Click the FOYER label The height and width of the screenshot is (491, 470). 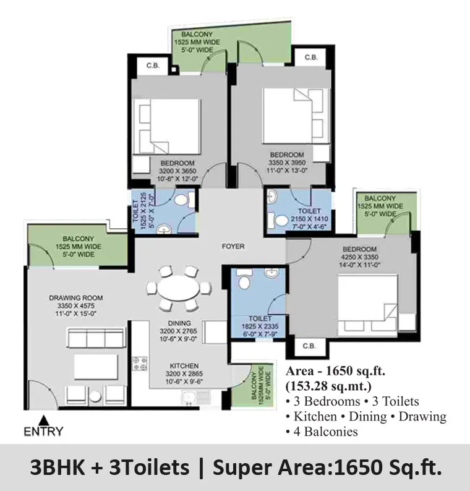(x=233, y=247)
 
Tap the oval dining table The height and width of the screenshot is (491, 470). (x=178, y=288)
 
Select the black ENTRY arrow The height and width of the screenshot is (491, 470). (x=44, y=420)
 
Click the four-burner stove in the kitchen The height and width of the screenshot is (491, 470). (x=140, y=363)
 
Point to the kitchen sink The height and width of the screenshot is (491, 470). (x=195, y=397)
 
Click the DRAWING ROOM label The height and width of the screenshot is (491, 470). (x=76, y=298)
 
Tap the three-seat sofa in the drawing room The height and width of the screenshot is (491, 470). (x=96, y=338)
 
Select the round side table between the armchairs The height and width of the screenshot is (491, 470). (x=95, y=396)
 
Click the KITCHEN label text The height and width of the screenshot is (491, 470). (x=184, y=365)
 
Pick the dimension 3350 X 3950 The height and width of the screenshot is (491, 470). (x=287, y=163)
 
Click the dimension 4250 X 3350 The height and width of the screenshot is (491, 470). (x=359, y=257)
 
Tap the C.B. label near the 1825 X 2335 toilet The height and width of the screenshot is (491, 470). (x=309, y=346)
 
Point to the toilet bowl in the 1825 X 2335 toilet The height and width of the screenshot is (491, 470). (x=244, y=280)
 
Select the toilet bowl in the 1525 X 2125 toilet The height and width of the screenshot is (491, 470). (x=183, y=200)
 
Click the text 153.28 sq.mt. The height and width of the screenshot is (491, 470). (x=328, y=386)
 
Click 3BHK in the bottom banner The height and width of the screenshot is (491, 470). (x=58, y=468)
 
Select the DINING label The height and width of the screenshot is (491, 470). (x=179, y=323)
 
